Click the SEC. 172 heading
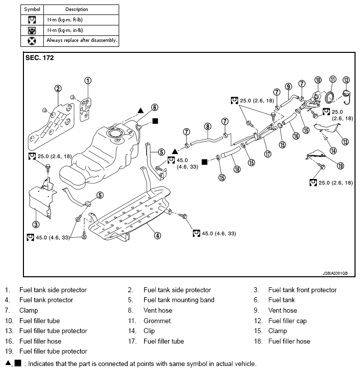click(39, 58)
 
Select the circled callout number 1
click(88, 80)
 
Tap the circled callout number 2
click(58, 89)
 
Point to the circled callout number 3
click(36, 225)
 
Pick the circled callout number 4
click(158, 235)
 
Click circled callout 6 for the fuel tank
click(155, 107)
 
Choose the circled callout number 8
click(207, 126)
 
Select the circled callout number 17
click(268, 154)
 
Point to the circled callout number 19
click(327, 166)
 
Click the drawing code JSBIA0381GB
click(335, 274)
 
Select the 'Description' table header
click(76, 9)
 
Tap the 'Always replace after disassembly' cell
click(82, 40)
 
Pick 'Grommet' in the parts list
click(157, 321)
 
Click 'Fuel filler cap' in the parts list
click(287, 321)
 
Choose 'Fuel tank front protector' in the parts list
click(302, 290)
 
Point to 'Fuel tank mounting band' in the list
click(179, 300)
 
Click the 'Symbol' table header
click(32, 9)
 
